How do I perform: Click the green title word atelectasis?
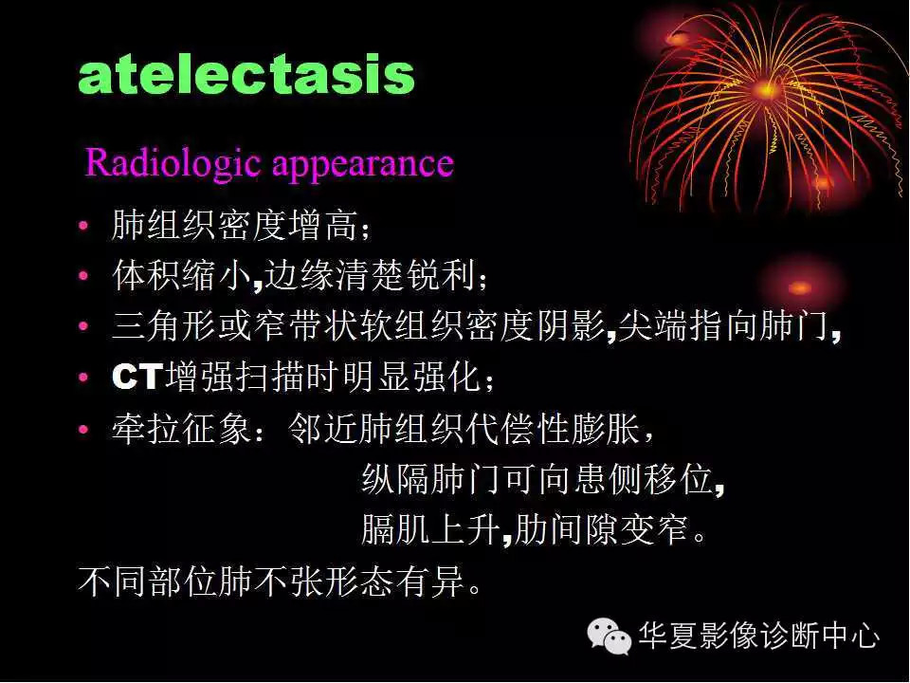(246, 75)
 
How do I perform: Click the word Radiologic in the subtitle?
(175, 163)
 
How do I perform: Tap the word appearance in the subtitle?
(363, 165)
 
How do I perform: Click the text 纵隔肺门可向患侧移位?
(536, 480)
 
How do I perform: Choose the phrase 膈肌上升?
(430, 529)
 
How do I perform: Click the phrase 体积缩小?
(180, 277)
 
